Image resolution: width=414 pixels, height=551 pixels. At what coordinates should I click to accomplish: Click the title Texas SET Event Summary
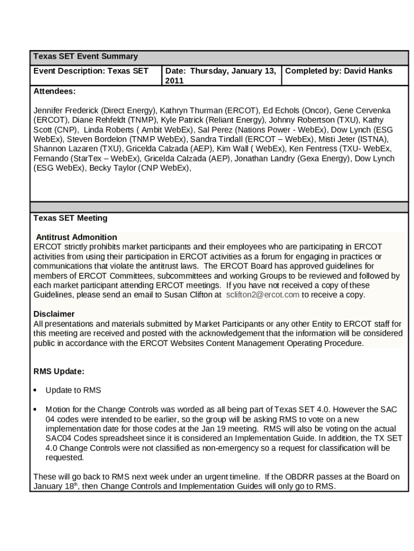click(x=85, y=56)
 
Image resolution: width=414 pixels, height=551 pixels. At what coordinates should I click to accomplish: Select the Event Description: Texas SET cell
click(x=91, y=71)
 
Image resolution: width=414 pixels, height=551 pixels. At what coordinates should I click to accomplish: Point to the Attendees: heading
click(x=54, y=91)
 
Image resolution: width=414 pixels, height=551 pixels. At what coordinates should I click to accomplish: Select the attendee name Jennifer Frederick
click(x=66, y=110)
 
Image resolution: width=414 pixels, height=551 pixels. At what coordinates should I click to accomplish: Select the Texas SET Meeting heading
click(x=70, y=218)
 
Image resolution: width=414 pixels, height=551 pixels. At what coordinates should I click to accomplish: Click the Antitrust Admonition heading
click(x=76, y=237)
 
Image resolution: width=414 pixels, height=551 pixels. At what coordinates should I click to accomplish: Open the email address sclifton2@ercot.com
click(x=262, y=295)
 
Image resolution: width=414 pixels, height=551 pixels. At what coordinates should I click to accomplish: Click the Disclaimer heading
click(x=54, y=314)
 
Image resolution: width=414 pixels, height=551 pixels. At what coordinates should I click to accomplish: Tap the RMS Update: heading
click(x=59, y=371)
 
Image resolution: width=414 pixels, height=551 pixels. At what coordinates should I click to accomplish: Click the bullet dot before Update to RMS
click(x=35, y=390)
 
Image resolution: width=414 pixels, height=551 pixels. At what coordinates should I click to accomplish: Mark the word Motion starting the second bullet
click(x=58, y=409)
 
